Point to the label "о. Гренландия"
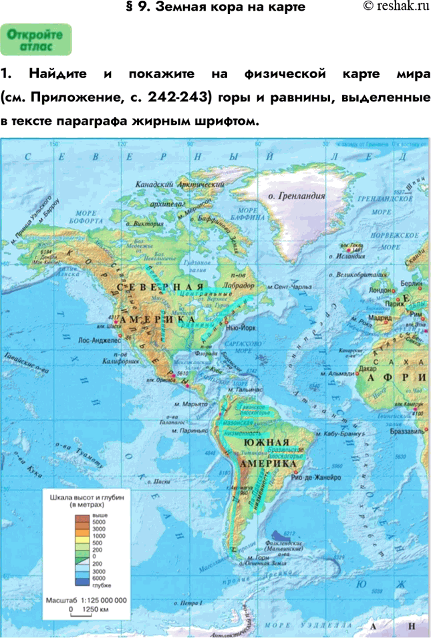coord(296,196)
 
